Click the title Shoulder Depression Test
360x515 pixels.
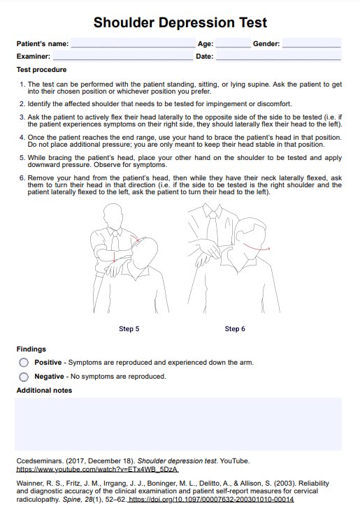180,22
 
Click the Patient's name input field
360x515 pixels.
133,43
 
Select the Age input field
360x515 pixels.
233,43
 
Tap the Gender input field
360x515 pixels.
312,43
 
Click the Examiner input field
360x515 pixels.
123,56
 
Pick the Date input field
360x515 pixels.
278,56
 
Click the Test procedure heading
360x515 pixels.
41,70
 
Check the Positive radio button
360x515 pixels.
24,363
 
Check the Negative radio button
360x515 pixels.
24,377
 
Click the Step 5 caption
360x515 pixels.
129,328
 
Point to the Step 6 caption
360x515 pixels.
235,328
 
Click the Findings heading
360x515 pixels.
31,349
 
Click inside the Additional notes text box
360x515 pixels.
178,423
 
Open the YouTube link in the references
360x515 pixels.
98,470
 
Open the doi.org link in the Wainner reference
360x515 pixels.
211,499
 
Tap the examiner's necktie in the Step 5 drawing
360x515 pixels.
115,241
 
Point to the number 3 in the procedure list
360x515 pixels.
22,117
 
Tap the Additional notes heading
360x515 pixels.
44,390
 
